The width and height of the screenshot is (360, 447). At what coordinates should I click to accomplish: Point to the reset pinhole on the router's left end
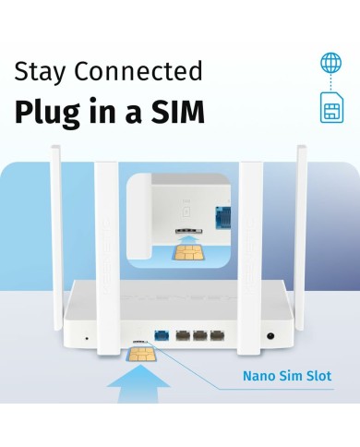pyautogui.click(x=87, y=338)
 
